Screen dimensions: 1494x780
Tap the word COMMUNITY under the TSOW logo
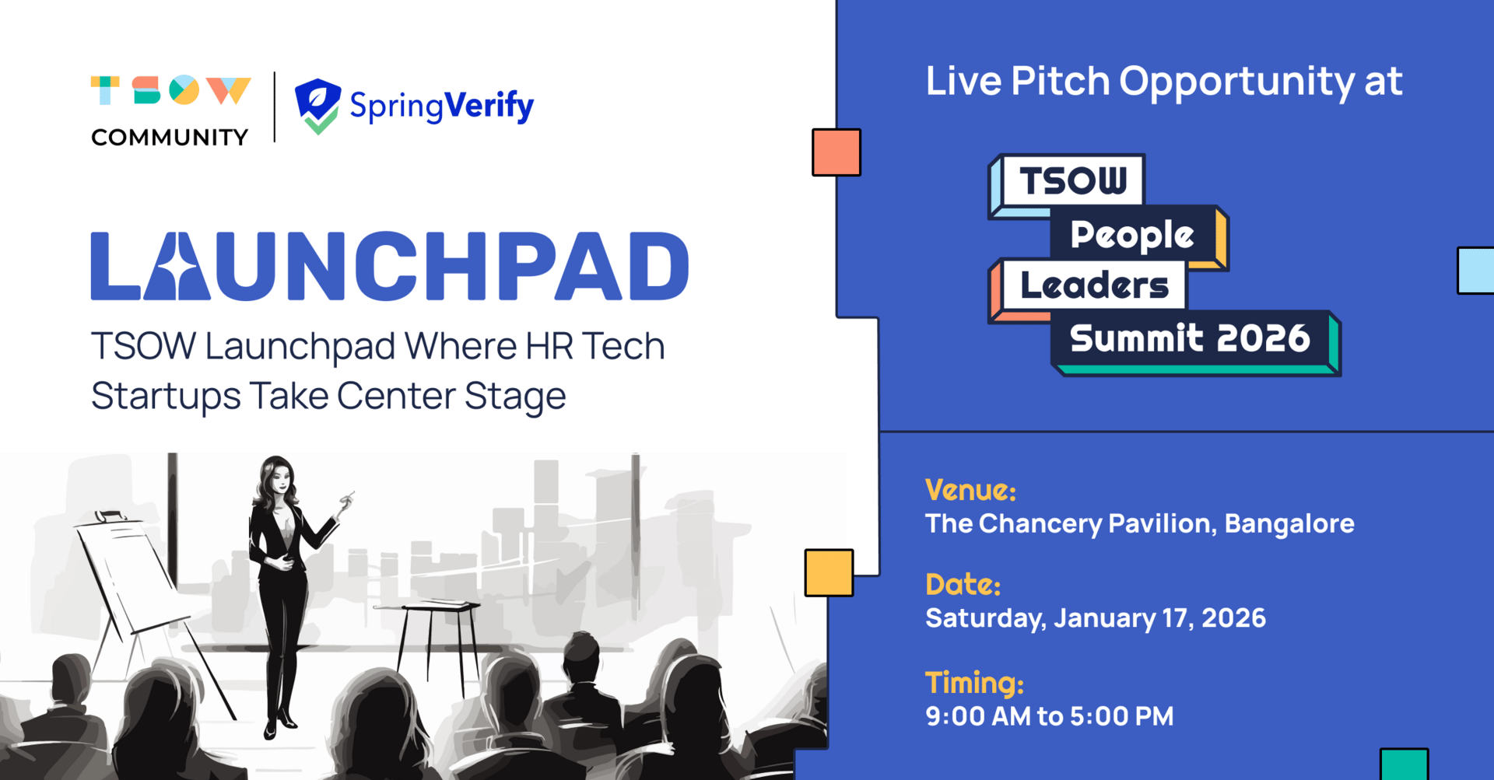pyautogui.click(x=170, y=138)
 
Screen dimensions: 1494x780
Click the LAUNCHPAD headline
pyautogui.click(x=390, y=266)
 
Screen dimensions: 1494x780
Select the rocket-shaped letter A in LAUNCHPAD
pyautogui.click(x=177, y=266)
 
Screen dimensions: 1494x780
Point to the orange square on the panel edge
pyautogui.click(x=836, y=152)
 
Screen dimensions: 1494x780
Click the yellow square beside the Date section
pyautogui.click(x=829, y=573)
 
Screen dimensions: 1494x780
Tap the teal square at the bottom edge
pyautogui.click(x=1405, y=764)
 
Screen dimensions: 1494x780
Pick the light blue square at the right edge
pyautogui.click(x=1476, y=271)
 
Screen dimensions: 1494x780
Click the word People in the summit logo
pyautogui.click(x=1132, y=235)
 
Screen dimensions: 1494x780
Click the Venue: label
pyautogui.click(x=970, y=490)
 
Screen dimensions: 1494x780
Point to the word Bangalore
pyautogui.click(x=1289, y=523)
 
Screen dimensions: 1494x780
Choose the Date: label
pyautogui.click(x=963, y=584)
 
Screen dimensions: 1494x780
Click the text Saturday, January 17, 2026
pyautogui.click(x=1096, y=618)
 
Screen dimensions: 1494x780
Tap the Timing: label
pyautogui.click(x=974, y=684)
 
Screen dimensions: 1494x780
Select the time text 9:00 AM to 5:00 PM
pyautogui.click(x=1049, y=716)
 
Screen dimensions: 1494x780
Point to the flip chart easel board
pyautogui.click(x=128, y=572)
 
